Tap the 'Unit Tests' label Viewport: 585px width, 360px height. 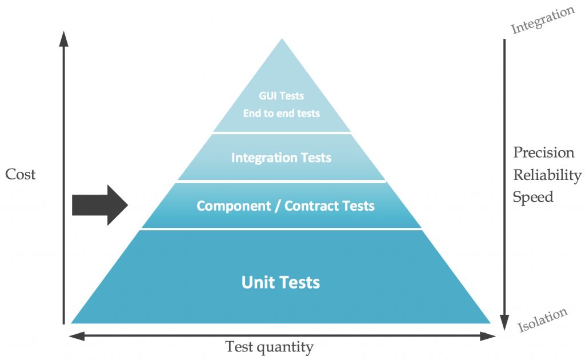click(281, 282)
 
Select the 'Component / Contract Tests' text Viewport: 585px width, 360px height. click(286, 206)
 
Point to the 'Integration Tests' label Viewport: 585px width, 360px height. click(281, 158)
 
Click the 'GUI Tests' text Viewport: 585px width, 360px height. click(281, 96)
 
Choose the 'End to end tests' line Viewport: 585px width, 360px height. click(281, 113)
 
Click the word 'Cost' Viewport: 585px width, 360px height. click(21, 175)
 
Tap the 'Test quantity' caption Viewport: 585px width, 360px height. click(269, 347)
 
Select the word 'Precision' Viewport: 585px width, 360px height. click(543, 153)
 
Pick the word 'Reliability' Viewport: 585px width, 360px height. click(547, 175)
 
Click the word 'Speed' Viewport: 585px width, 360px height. click(533, 197)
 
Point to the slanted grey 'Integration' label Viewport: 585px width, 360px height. click(542, 20)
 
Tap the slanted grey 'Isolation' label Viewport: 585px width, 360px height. click(542, 320)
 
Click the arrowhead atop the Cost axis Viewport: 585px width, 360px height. click(63, 39)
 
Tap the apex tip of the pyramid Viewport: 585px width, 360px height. click(281, 41)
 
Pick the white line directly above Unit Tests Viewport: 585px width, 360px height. click(281, 229)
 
